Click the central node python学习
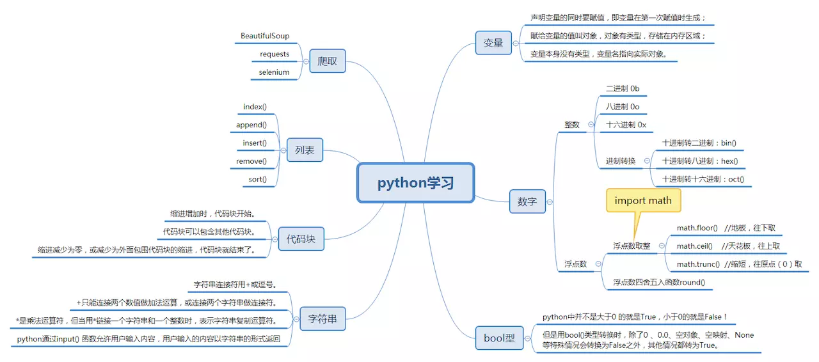pos(416,183)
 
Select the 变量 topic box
pos(493,43)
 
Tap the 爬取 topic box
pos(327,61)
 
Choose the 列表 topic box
pos(305,150)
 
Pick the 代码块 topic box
pos(301,239)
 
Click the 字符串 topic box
pos(322,319)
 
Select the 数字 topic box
pos(527,201)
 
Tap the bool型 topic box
pos(499,338)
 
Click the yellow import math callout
pos(643,200)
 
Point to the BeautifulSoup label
pos(265,36)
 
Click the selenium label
pos(274,72)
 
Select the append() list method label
pos(251,125)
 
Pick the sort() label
pos(257,179)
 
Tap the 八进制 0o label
pos(623,106)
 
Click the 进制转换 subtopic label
pos(621,161)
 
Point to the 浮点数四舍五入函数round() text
pos(659,282)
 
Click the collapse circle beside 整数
pos(591,125)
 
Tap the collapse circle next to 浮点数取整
pos(662,246)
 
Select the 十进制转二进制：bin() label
pos(699,143)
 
